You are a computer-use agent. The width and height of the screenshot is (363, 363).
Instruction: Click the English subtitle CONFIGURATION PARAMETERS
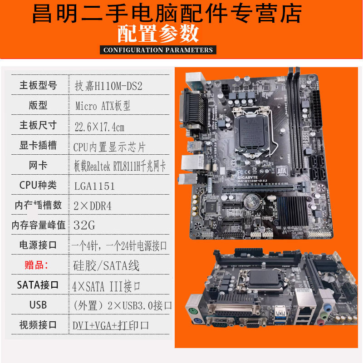point(158,50)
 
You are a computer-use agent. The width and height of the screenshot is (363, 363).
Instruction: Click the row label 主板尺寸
point(38,125)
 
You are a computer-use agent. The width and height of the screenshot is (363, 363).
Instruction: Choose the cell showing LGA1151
point(94,186)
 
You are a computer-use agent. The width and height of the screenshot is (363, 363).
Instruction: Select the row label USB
point(38,305)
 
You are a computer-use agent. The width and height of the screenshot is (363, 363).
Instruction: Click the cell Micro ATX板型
point(103,106)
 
